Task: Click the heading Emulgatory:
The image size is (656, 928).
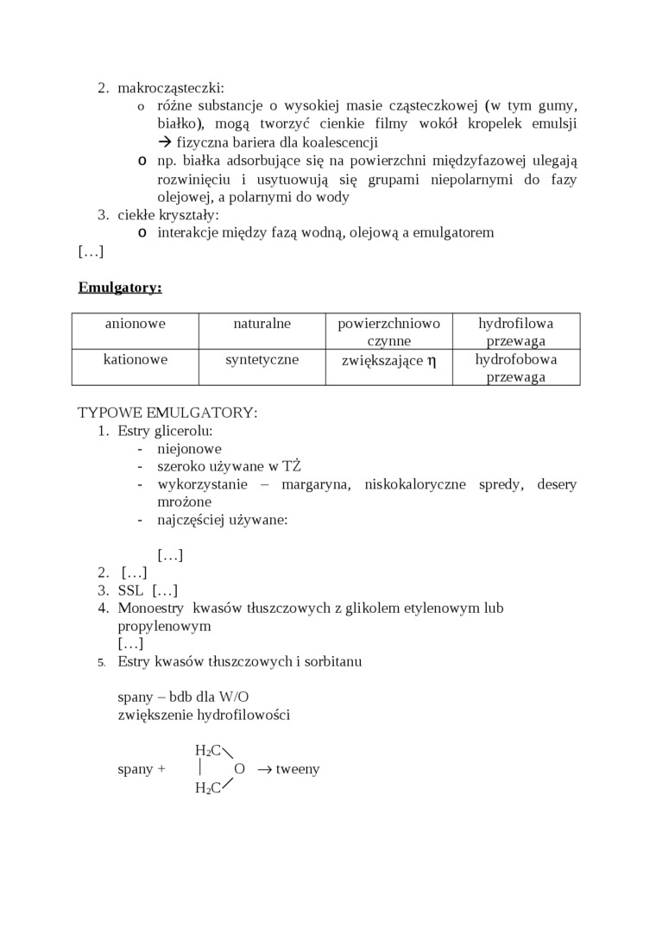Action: click(x=120, y=287)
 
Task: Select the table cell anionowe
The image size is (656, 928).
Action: click(x=136, y=324)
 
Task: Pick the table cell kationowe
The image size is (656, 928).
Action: click(x=136, y=359)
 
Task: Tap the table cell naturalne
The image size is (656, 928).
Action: click(x=262, y=324)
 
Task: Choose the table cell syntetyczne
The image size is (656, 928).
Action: click(x=262, y=359)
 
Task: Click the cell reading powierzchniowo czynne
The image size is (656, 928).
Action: click(x=388, y=332)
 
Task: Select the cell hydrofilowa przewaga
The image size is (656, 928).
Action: click(x=516, y=332)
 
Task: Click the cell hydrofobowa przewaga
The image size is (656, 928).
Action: click(x=516, y=368)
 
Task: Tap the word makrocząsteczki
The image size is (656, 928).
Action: click(x=171, y=87)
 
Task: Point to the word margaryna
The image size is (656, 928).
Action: click(x=315, y=484)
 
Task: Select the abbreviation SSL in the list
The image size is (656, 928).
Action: click(x=131, y=590)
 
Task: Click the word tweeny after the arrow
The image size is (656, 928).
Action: click(x=298, y=768)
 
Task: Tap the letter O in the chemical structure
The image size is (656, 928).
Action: click(x=240, y=768)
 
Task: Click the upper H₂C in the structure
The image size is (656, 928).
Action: click(x=208, y=750)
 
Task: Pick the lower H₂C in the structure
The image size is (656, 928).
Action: click(x=208, y=787)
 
